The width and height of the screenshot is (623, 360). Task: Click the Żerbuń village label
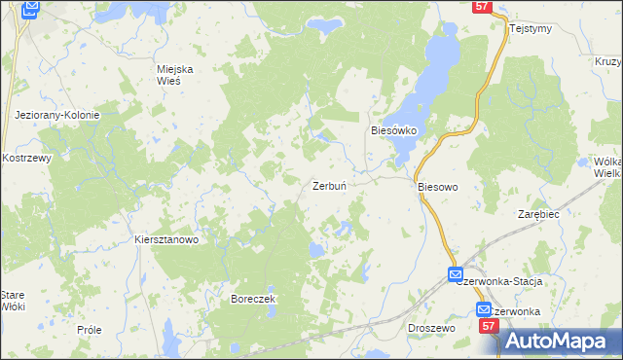(330, 185)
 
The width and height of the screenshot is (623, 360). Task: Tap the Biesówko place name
(394, 129)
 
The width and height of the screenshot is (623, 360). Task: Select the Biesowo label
(437, 185)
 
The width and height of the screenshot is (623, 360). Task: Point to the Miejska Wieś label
(176, 74)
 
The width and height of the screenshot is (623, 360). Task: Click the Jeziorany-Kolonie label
(57, 115)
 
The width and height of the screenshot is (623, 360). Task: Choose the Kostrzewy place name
(26, 157)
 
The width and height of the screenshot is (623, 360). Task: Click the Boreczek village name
(254, 298)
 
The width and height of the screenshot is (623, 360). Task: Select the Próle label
(90, 330)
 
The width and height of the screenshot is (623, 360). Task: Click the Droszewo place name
(432, 329)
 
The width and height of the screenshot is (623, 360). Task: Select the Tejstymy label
(531, 28)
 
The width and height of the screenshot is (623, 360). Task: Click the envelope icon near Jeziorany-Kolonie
(31, 9)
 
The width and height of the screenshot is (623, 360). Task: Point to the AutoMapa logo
(556, 342)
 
